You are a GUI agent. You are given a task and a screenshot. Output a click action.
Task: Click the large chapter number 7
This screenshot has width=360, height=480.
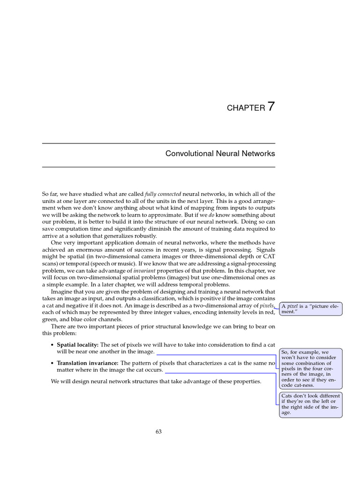point(270,106)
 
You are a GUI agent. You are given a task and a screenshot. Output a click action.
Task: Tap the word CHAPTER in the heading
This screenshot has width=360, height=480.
point(246,108)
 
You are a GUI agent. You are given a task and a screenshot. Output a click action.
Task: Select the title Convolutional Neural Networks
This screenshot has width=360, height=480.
point(220,153)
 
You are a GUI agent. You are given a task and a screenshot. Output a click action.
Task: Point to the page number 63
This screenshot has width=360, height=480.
point(158,432)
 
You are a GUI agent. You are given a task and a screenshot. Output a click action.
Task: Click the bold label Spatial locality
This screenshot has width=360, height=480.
point(78,345)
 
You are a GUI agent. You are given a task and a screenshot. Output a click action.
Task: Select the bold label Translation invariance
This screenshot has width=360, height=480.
point(88,363)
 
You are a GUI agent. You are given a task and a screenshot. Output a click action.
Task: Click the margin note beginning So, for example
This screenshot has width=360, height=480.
point(310,368)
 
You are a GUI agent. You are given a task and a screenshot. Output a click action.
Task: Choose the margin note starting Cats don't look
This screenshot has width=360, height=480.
point(310,404)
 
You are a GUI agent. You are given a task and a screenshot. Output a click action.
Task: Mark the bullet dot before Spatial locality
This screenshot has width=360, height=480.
point(52,345)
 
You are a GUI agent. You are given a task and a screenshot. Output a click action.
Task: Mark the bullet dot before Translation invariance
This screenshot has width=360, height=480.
point(52,363)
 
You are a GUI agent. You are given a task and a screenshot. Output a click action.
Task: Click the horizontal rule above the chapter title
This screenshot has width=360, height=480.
point(158,143)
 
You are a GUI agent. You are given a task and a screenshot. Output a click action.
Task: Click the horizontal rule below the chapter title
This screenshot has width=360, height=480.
point(158,166)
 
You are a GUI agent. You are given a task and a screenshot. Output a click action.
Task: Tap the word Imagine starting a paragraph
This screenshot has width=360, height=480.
point(61,292)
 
